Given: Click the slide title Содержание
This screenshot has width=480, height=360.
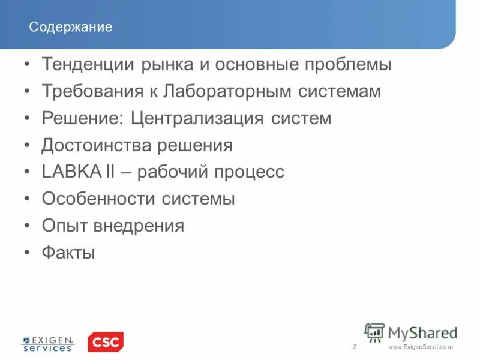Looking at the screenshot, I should pos(71,28).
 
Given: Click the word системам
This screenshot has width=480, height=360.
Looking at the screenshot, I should pos(338,92).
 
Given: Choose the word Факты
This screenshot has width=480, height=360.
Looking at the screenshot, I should pos(68,253).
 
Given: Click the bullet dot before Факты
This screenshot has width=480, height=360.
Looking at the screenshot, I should pos(28,253).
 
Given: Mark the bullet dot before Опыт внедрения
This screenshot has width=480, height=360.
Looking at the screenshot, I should pos(28,226).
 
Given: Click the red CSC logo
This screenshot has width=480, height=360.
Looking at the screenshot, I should pos(106,342).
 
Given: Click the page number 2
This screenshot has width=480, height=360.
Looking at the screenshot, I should pos(355,347).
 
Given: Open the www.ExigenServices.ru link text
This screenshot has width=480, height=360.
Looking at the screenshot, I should pos(421,347).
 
